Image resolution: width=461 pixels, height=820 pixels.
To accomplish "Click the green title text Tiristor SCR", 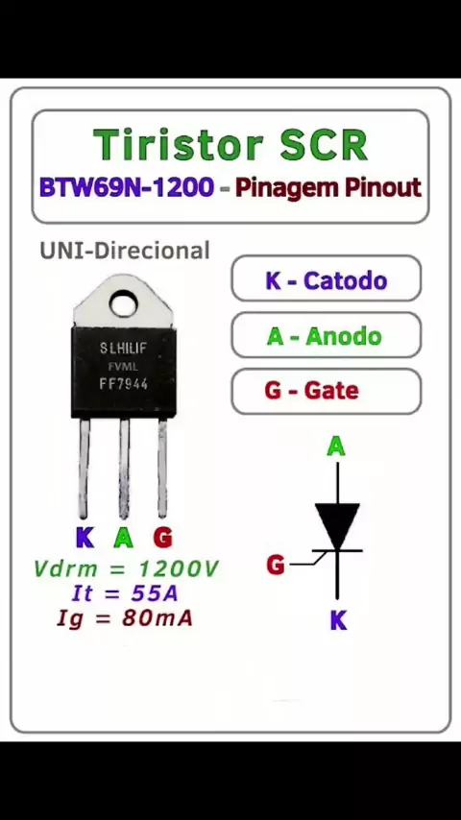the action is coord(230,144).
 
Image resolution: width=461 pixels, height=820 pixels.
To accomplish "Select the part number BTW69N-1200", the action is coord(127,187).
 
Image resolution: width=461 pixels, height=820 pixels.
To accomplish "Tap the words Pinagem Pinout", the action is coord(328,188).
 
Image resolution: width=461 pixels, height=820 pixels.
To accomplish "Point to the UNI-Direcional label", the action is coord(125,251).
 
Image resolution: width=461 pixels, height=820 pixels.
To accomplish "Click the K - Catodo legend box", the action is coord(326,278).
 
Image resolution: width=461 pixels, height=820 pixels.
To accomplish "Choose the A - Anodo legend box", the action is coord(326,335).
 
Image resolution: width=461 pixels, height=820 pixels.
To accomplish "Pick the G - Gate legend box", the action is coord(326,391).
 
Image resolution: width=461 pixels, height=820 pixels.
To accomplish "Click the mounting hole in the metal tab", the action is coord(124,303).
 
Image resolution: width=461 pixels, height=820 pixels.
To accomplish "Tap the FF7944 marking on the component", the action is coord(124,384).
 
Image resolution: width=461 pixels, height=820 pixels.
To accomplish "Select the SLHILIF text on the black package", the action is coord(123,349).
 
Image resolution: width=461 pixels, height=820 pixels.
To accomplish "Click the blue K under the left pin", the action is coord(85,538).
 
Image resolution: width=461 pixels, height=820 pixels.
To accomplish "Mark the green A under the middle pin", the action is coord(124,538).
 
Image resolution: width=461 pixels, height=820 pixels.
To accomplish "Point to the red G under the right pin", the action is coord(162,538).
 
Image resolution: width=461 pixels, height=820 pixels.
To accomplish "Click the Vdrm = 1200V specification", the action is coord(126,569).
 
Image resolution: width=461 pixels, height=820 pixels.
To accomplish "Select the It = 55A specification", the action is coord(125,593).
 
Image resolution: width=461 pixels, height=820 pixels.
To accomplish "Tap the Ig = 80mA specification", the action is coord(125,618).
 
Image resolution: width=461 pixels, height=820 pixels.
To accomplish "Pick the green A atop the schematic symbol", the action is coord(336,447).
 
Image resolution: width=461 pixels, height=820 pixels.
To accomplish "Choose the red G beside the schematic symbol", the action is coord(276,565).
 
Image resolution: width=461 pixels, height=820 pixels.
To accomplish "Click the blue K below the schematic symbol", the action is coord(339,620).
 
